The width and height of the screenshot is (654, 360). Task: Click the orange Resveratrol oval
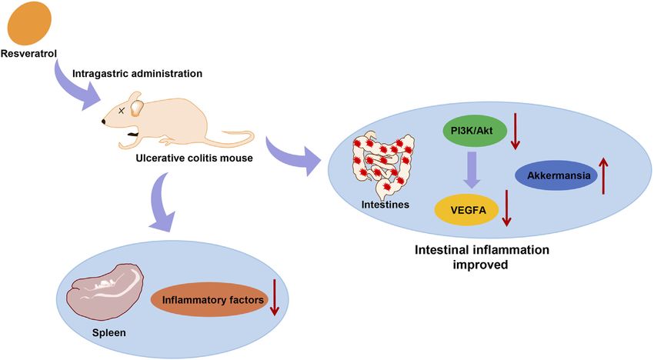(29, 22)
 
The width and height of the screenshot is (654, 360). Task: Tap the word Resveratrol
(28, 54)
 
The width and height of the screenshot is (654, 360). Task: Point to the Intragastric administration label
(137, 74)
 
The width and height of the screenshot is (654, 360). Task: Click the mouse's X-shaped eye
(122, 111)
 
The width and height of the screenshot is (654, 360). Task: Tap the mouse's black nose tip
(103, 122)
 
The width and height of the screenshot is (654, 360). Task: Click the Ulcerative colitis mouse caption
(194, 158)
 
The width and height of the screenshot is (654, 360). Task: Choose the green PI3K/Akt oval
(475, 131)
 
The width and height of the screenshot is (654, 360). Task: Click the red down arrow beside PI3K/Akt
(515, 131)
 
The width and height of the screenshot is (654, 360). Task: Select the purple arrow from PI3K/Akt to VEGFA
(472, 170)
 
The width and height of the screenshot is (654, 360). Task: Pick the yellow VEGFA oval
(467, 209)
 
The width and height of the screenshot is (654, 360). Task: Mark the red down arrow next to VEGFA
(506, 208)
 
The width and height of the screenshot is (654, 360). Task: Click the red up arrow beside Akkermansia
(603, 175)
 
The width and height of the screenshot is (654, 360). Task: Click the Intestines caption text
(385, 205)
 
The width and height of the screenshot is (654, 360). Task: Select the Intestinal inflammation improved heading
(482, 257)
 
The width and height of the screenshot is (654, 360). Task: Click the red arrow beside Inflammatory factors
(275, 298)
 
